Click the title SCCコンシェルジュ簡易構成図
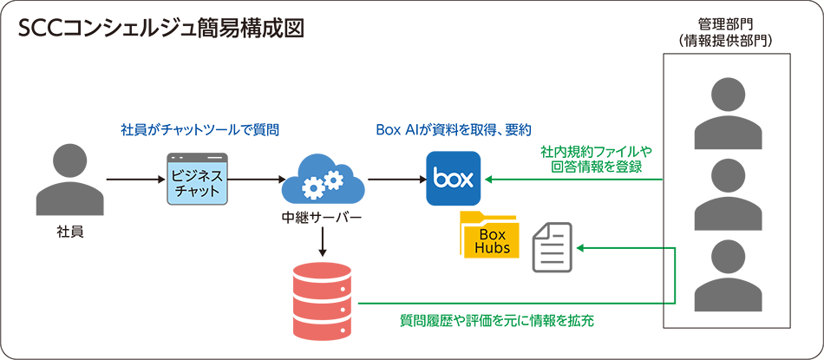tap(161, 28)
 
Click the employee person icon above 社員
tap(70, 179)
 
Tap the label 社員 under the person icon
tap(70, 232)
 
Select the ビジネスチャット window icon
tap(196, 179)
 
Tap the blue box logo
tap(453, 179)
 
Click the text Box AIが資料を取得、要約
tap(453, 130)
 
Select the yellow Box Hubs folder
tap(489, 235)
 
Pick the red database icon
tap(322, 298)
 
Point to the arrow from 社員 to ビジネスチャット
tap(134, 180)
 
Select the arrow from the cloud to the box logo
tap(396, 180)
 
